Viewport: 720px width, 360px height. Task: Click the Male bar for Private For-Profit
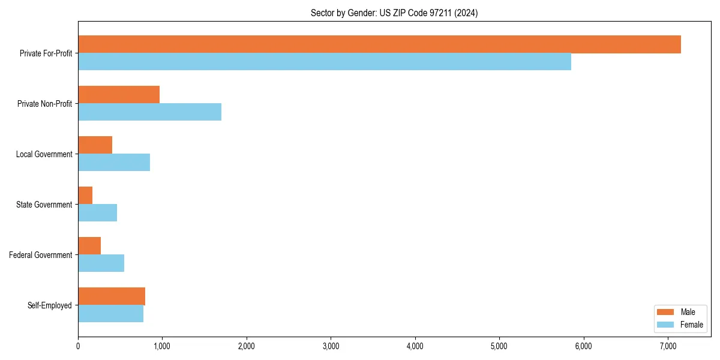click(379, 44)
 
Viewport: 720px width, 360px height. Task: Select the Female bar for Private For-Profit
click(325, 62)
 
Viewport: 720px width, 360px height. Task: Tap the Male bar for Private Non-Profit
click(119, 95)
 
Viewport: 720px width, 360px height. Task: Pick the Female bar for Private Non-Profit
click(149, 112)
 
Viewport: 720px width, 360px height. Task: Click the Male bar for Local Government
click(95, 145)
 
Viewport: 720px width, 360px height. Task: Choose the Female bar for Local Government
click(114, 163)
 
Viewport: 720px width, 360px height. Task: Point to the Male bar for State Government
click(85, 196)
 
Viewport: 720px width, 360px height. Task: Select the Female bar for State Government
click(97, 213)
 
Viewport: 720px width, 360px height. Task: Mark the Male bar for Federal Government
click(89, 246)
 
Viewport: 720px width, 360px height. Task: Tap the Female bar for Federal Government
click(101, 263)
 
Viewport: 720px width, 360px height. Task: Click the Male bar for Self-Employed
click(112, 296)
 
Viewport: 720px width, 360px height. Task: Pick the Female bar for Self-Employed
click(110, 314)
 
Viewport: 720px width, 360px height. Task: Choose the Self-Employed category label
click(49, 305)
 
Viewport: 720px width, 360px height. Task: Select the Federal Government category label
click(40, 255)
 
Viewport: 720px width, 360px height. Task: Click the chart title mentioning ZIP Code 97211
click(394, 13)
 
